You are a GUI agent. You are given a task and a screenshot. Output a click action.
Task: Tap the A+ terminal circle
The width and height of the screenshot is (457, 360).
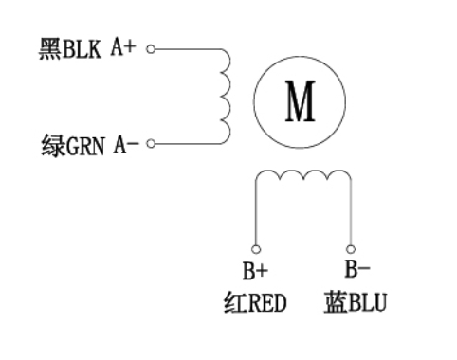[x=151, y=47]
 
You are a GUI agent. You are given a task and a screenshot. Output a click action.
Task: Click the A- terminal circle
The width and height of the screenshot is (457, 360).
[x=151, y=144]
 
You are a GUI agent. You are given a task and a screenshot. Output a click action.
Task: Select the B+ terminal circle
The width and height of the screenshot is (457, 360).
[x=254, y=245]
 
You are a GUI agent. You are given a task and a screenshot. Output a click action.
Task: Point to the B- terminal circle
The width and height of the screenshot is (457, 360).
[x=351, y=245]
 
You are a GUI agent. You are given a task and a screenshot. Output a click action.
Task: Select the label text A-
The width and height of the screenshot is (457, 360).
[x=126, y=144]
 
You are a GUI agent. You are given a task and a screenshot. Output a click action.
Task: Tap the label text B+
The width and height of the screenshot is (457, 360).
[x=254, y=272]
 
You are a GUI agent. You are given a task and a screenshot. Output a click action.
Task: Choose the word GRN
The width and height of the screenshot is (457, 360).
[x=85, y=146]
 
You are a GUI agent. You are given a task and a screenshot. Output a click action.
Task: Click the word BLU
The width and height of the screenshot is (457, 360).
[x=368, y=303]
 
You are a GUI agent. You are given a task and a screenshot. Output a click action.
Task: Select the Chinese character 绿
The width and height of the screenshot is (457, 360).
[x=50, y=146]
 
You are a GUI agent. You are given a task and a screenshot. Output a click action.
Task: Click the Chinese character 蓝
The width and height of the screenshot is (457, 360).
[x=334, y=303]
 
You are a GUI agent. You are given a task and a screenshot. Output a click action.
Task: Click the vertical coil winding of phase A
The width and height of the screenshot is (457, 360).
[x=227, y=96]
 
